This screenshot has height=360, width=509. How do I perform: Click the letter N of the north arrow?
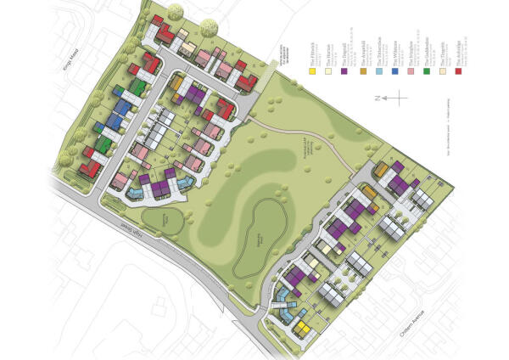click(x=376, y=98)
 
